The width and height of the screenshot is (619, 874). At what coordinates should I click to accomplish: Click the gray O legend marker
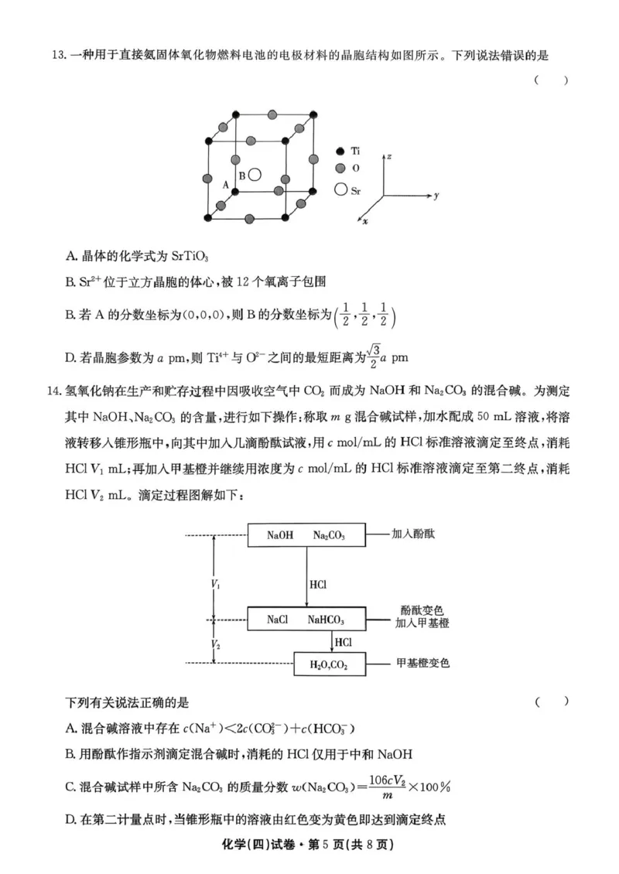coord(339,168)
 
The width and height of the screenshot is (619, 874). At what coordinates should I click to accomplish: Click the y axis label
coord(437,196)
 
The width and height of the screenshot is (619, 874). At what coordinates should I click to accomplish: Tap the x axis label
coord(365,222)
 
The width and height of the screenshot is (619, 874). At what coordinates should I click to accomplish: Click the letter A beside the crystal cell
coord(225,186)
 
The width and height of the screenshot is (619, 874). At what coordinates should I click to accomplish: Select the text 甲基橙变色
coord(423,663)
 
